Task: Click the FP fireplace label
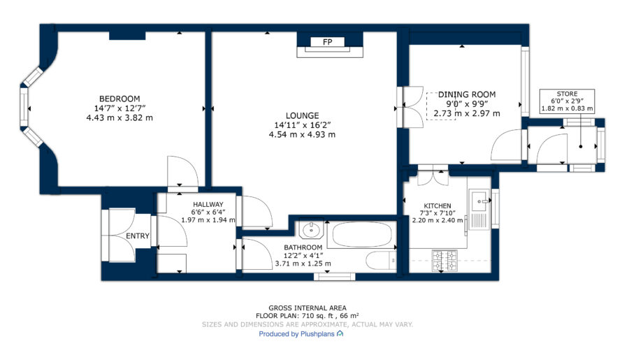tap(327, 42)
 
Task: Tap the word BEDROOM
tap(120, 99)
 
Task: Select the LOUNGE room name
tap(302, 115)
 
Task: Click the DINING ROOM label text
tap(467, 94)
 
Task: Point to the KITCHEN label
tap(438, 206)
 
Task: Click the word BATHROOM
tap(303, 247)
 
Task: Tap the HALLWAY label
tap(208, 205)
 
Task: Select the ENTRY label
tap(138, 236)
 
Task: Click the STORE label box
tap(567, 101)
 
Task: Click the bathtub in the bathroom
tap(362, 234)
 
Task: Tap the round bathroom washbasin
tap(311, 230)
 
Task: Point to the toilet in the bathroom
tap(381, 261)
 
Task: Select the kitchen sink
tap(479, 200)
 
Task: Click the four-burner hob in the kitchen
tap(444, 261)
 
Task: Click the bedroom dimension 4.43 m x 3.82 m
tap(120, 118)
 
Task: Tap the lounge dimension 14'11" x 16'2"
tap(302, 125)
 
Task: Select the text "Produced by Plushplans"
tap(296, 334)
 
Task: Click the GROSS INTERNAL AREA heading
tap(308, 308)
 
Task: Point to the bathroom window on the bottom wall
tap(335, 276)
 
